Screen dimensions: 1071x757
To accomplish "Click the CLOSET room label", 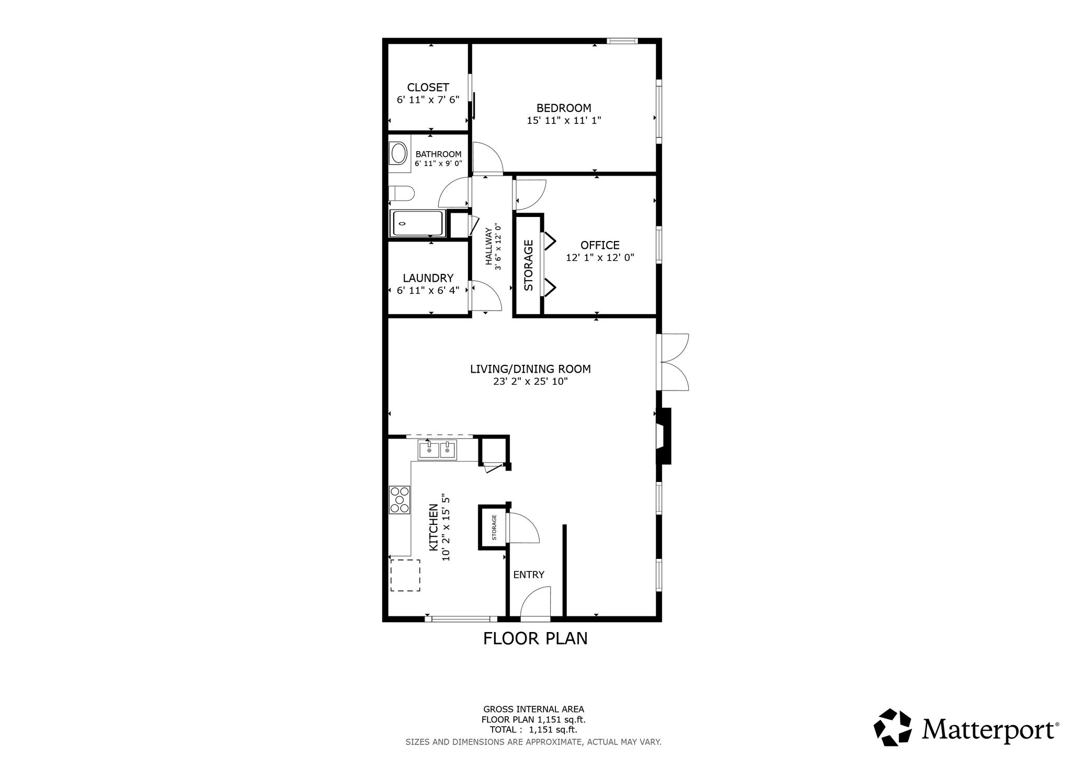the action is click(428, 87).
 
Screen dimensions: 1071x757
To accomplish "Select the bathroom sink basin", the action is click(400, 154).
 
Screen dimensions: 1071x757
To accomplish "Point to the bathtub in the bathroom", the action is click(418, 223).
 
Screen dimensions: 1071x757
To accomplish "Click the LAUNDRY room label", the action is click(428, 278).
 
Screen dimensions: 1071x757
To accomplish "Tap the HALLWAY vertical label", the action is click(489, 247).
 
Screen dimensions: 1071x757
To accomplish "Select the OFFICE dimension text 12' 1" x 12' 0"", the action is click(600, 258).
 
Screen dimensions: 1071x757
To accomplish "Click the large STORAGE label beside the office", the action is click(528, 265).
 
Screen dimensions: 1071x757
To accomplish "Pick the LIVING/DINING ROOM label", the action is click(530, 369).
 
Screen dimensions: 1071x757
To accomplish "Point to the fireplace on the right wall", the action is click(663, 436).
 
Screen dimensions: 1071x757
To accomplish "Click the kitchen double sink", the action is click(437, 450).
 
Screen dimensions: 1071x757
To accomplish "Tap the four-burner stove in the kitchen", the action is click(400, 500).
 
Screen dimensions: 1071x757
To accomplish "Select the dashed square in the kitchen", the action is click(405, 575).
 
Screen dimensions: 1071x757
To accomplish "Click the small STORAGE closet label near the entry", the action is click(494, 527).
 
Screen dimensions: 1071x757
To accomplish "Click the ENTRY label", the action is click(529, 575).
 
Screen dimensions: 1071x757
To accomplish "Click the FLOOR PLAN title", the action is click(535, 639).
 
